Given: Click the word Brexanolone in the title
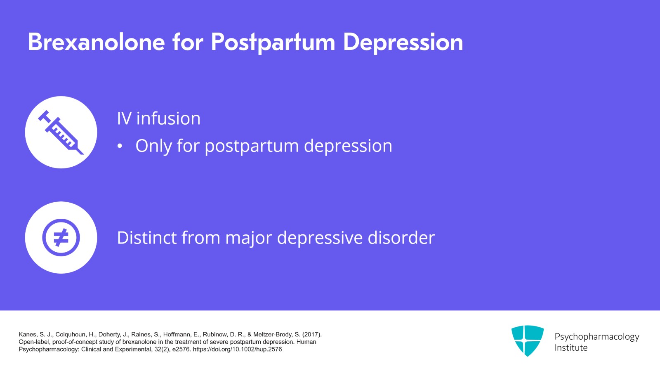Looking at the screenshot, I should point(97,42).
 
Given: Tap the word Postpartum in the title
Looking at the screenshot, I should point(273,42).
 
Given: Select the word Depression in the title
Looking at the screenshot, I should point(403,42).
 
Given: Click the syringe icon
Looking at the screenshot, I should point(61,132).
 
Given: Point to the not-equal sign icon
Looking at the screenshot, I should point(61,238).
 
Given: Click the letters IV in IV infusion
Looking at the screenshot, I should point(124,119).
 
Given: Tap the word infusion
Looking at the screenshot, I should point(168,119).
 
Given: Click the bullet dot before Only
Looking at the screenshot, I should point(120,147).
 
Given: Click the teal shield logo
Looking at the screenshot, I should point(527,340).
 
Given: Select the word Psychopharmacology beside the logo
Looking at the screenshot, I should point(596,337).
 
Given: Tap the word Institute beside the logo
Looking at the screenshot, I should point(571,348).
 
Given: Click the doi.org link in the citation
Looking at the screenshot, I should point(237,349).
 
